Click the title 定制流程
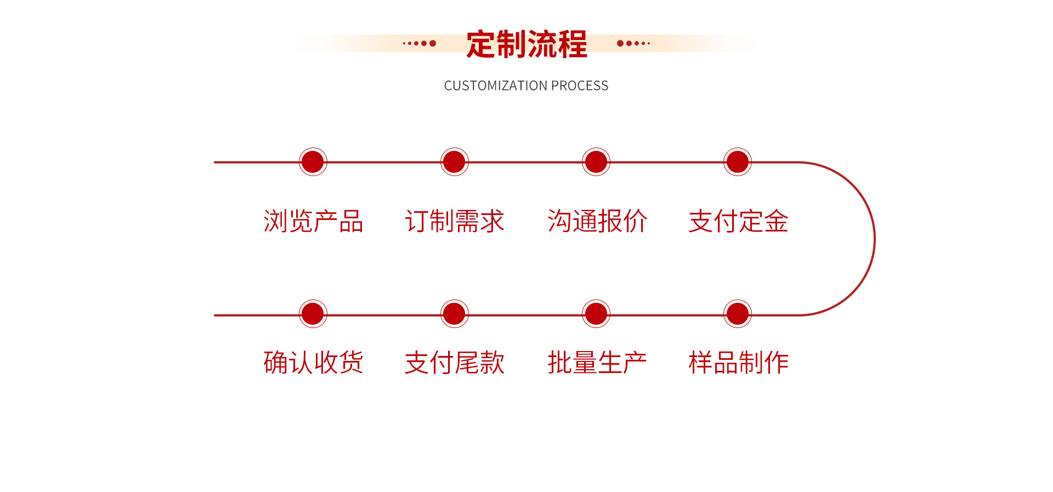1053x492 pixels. click(526, 44)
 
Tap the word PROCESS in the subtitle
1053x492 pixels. click(580, 86)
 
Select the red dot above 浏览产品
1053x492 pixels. click(313, 162)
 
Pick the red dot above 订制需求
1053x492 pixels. click(454, 162)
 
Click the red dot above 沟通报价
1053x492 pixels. click(596, 162)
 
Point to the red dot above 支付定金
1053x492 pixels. click(737, 162)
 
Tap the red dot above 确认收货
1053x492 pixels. click(313, 314)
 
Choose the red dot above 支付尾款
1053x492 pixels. click(454, 314)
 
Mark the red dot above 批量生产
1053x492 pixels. click(596, 314)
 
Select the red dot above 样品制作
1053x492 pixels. click(737, 314)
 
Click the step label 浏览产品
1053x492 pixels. click(313, 222)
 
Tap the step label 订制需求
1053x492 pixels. click(455, 222)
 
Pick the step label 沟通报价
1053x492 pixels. click(597, 222)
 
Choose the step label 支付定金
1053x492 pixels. click(738, 222)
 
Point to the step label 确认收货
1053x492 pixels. click(313, 363)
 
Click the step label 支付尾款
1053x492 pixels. click(455, 363)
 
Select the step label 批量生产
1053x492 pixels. click(597, 363)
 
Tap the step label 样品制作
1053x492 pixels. click(738, 363)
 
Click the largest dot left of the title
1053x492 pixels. click(433, 43)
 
